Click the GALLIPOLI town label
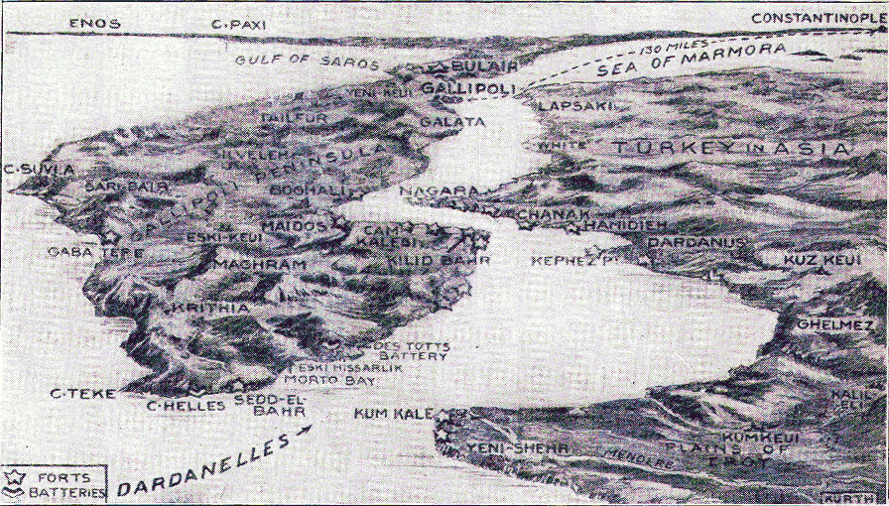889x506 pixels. pyautogui.click(x=466, y=89)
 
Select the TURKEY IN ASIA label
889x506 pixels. pyautogui.click(x=731, y=148)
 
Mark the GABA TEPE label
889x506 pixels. pyautogui.click(x=95, y=252)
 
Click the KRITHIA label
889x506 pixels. pyautogui.click(x=210, y=309)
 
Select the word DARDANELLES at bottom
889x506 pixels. pyautogui.click(x=204, y=466)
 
